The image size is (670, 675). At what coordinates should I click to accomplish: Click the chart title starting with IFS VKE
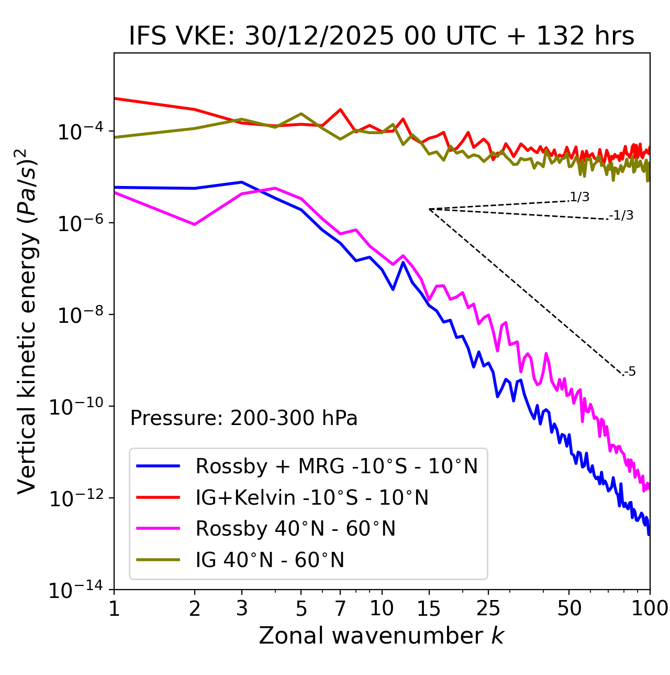(x=382, y=36)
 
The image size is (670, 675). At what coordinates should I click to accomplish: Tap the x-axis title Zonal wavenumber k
(x=382, y=635)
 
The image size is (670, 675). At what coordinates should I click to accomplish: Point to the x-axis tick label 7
(x=340, y=608)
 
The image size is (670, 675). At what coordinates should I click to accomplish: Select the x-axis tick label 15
(x=429, y=608)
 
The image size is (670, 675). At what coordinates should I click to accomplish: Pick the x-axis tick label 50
(x=569, y=608)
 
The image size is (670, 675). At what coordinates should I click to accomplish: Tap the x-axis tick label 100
(x=650, y=608)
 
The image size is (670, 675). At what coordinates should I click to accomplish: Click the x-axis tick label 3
(x=242, y=608)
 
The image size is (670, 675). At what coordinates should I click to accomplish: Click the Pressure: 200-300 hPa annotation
(x=244, y=418)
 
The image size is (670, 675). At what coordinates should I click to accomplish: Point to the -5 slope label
(x=630, y=372)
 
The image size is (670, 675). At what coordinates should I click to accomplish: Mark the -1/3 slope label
(x=622, y=215)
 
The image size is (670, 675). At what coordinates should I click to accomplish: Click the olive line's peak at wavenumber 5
(x=301, y=113)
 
